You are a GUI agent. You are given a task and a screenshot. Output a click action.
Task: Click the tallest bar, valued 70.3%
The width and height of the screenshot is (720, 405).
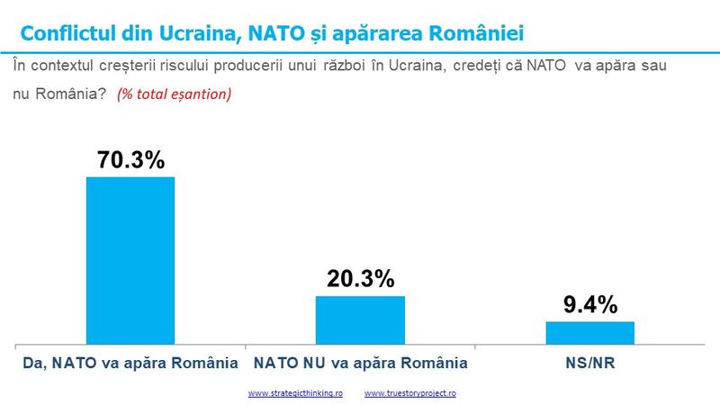pyautogui.click(x=130, y=260)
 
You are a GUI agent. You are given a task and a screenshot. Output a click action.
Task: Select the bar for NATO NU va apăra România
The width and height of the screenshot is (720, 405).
pyautogui.click(x=360, y=319)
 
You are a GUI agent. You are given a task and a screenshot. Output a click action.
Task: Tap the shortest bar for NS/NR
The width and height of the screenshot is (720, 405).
pyautogui.click(x=590, y=332)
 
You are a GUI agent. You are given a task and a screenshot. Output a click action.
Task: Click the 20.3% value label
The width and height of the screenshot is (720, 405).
pyautogui.click(x=360, y=280)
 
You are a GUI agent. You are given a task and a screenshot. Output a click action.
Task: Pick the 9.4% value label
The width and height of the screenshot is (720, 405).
pyautogui.click(x=590, y=305)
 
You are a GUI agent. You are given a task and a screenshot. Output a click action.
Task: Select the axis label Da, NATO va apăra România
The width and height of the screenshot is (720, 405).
pyautogui.click(x=130, y=364)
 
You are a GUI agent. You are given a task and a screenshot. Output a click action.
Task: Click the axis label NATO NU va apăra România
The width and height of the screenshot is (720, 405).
pyautogui.click(x=360, y=364)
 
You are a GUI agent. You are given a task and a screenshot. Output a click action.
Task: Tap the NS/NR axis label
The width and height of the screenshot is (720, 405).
pyautogui.click(x=590, y=364)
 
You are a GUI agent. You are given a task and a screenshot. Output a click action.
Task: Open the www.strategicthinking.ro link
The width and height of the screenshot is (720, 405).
pyautogui.click(x=295, y=393)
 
